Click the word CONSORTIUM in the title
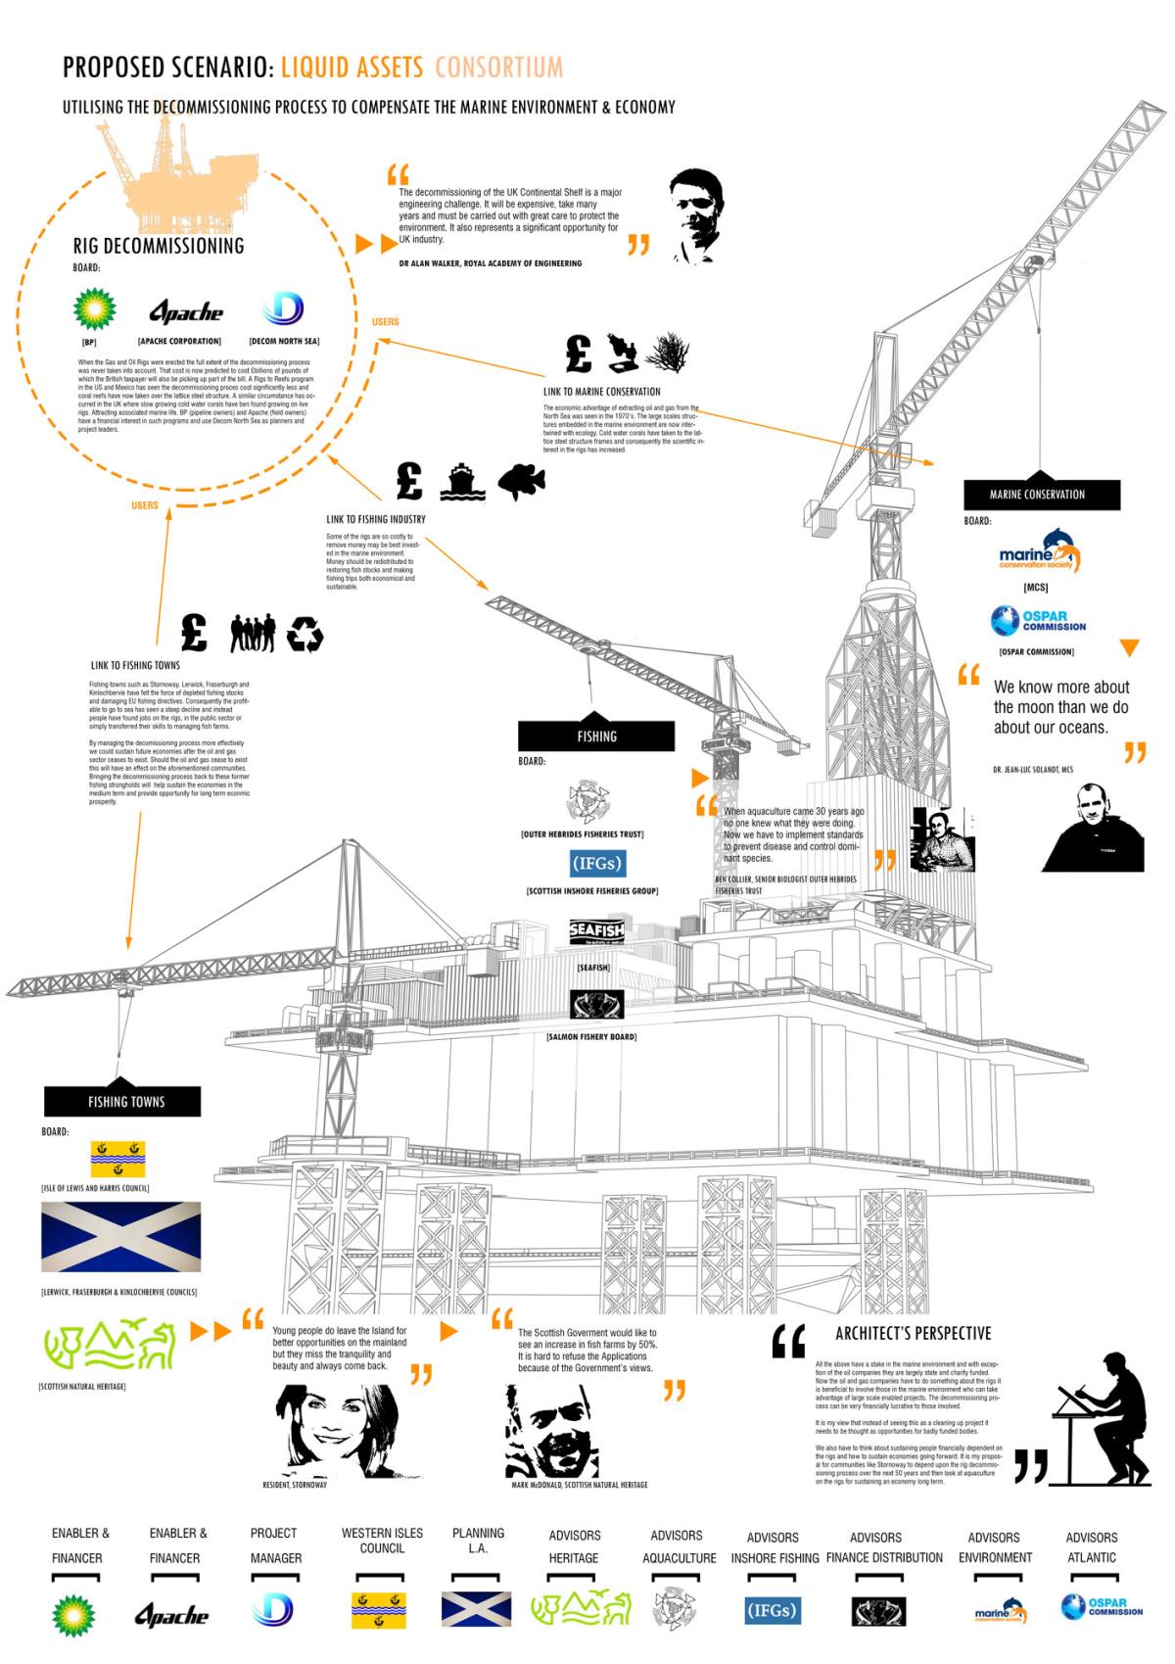pyautogui.click(x=498, y=67)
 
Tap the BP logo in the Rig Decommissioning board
pyautogui.click(x=94, y=309)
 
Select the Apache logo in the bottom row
pyautogui.click(x=172, y=1615)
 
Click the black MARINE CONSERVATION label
pyautogui.click(x=1037, y=495)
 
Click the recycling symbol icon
pyautogui.click(x=305, y=634)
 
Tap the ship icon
pyautogui.click(x=462, y=482)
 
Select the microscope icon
pyautogui.click(x=622, y=353)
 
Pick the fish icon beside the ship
pyautogui.click(x=520, y=482)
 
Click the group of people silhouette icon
pyautogui.click(x=252, y=633)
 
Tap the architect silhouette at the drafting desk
pyautogui.click(x=1102, y=1417)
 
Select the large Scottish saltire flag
pyautogui.click(x=120, y=1237)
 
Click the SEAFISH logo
pyautogui.click(x=596, y=932)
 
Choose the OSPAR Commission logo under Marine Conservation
pyautogui.click(x=1037, y=621)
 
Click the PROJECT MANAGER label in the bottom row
pyautogui.click(x=276, y=1545)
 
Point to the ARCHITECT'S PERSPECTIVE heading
pyautogui.click(x=913, y=1333)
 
